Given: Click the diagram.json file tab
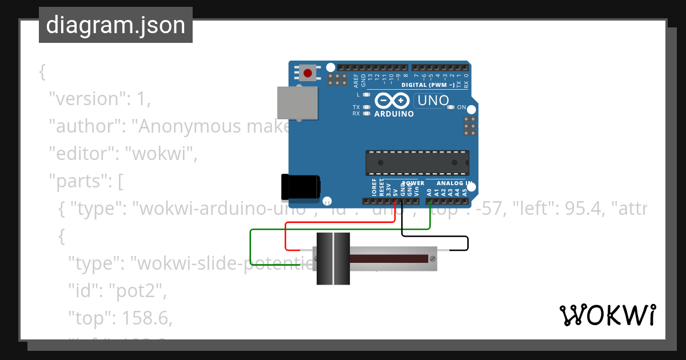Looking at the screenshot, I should (115, 25).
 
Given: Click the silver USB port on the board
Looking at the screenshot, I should (297, 102).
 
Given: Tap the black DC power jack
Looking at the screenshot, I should (301, 187).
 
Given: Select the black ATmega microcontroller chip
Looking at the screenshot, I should (417, 163).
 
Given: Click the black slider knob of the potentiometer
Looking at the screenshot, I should (333, 259).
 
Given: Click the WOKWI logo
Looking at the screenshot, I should (607, 315).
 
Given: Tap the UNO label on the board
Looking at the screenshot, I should (433, 101).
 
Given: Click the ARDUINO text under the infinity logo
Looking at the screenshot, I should (394, 114).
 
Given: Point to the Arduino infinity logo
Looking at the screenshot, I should (393, 101).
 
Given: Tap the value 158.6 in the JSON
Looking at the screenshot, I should (138, 318).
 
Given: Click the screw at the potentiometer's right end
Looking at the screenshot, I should (433, 259).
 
